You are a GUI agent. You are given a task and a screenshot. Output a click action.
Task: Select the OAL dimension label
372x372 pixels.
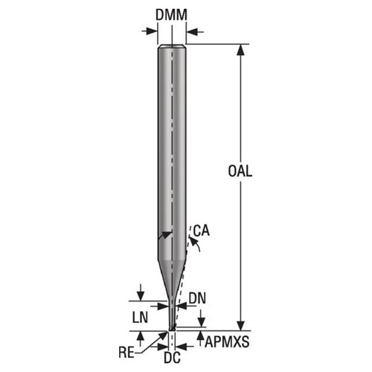240,170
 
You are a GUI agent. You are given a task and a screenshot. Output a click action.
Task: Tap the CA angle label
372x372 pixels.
199,231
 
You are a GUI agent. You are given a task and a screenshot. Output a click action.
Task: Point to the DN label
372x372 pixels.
196,298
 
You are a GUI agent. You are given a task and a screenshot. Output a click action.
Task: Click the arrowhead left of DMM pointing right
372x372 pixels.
153,31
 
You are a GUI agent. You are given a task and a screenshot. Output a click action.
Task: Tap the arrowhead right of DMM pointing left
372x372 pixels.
191,31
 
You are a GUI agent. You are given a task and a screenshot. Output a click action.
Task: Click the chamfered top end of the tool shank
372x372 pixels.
172,48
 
